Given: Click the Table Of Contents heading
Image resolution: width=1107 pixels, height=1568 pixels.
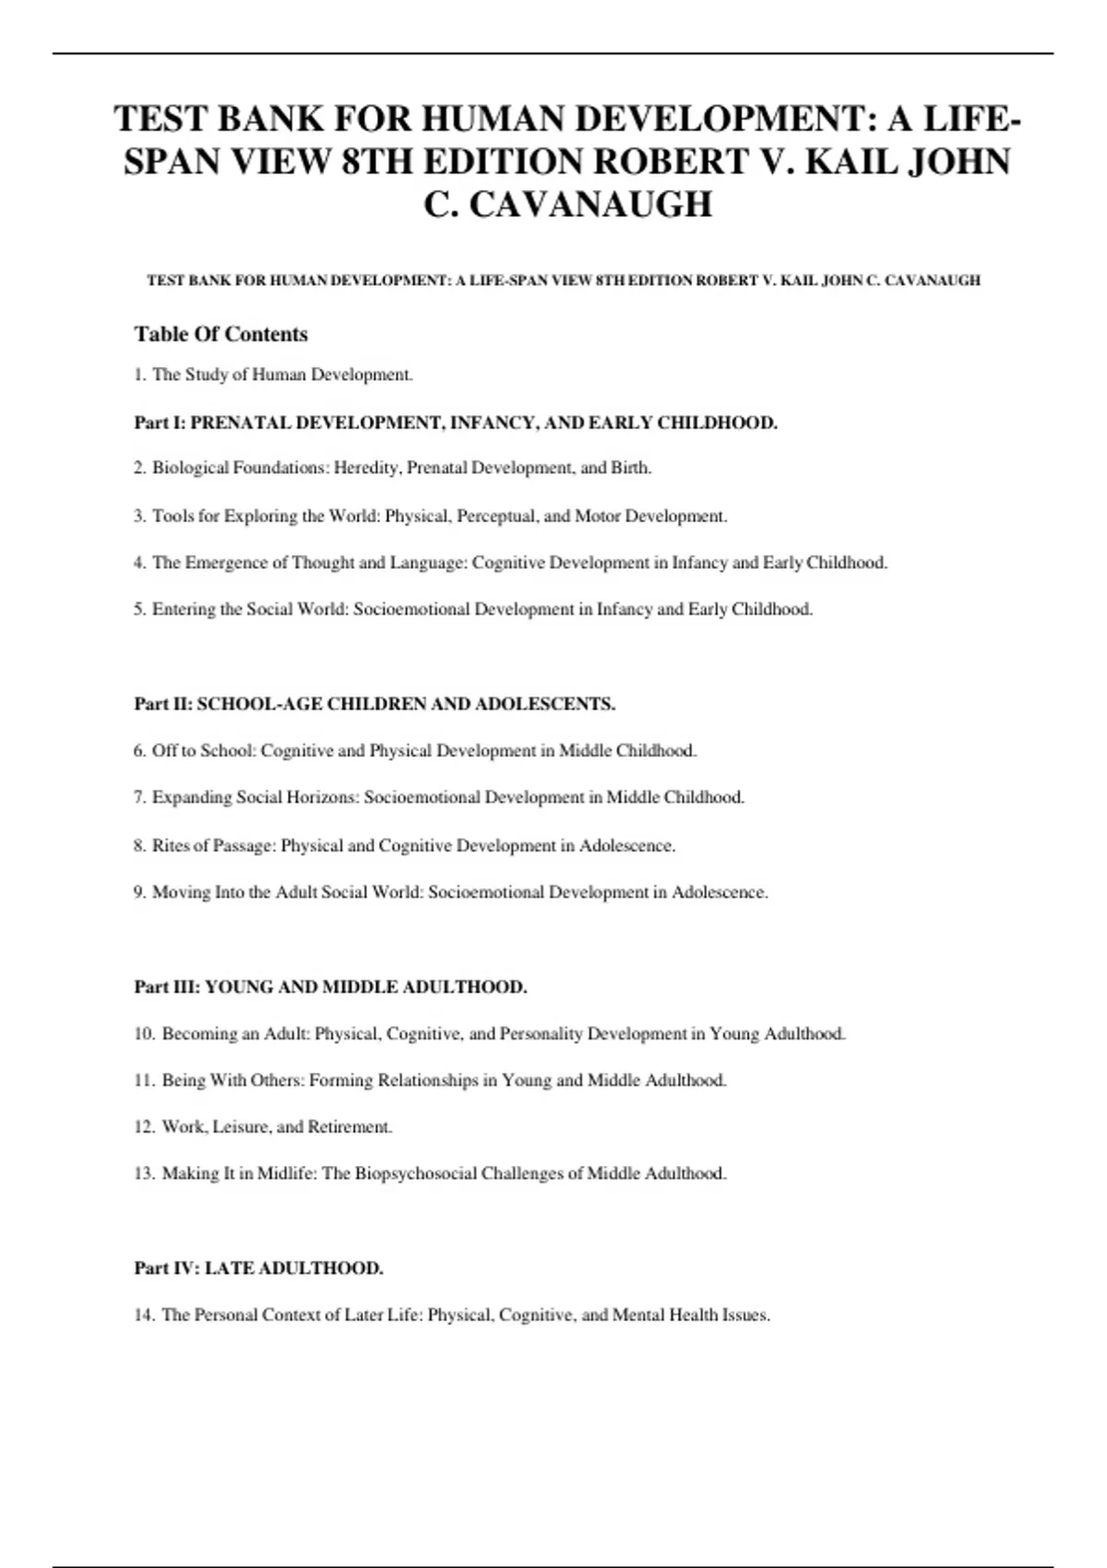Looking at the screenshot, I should pyautogui.click(x=220, y=334).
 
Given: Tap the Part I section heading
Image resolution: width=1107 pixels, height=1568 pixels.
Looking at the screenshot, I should pyautogui.click(x=456, y=423).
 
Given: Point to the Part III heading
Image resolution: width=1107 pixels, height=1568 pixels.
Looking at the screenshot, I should pyautogui.click(x=330, y=987).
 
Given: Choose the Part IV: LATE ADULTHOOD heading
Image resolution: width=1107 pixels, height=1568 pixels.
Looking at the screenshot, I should pyautogui.click(x=258, y=1268).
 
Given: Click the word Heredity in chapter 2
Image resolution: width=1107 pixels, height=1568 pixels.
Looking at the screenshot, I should pyautogui.click(x=366, y=469).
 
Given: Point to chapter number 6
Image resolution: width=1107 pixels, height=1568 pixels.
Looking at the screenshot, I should pyautogui.click(x=139, y=751).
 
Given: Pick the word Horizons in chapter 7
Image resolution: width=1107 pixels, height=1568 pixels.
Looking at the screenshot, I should pyautogui.click(x=322, y=798).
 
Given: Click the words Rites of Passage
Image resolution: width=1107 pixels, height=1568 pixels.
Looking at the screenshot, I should pyautogui.click(x=213, y=846).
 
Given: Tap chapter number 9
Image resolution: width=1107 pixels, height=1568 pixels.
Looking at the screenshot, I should pyautogui.click(x=139, y=893).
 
